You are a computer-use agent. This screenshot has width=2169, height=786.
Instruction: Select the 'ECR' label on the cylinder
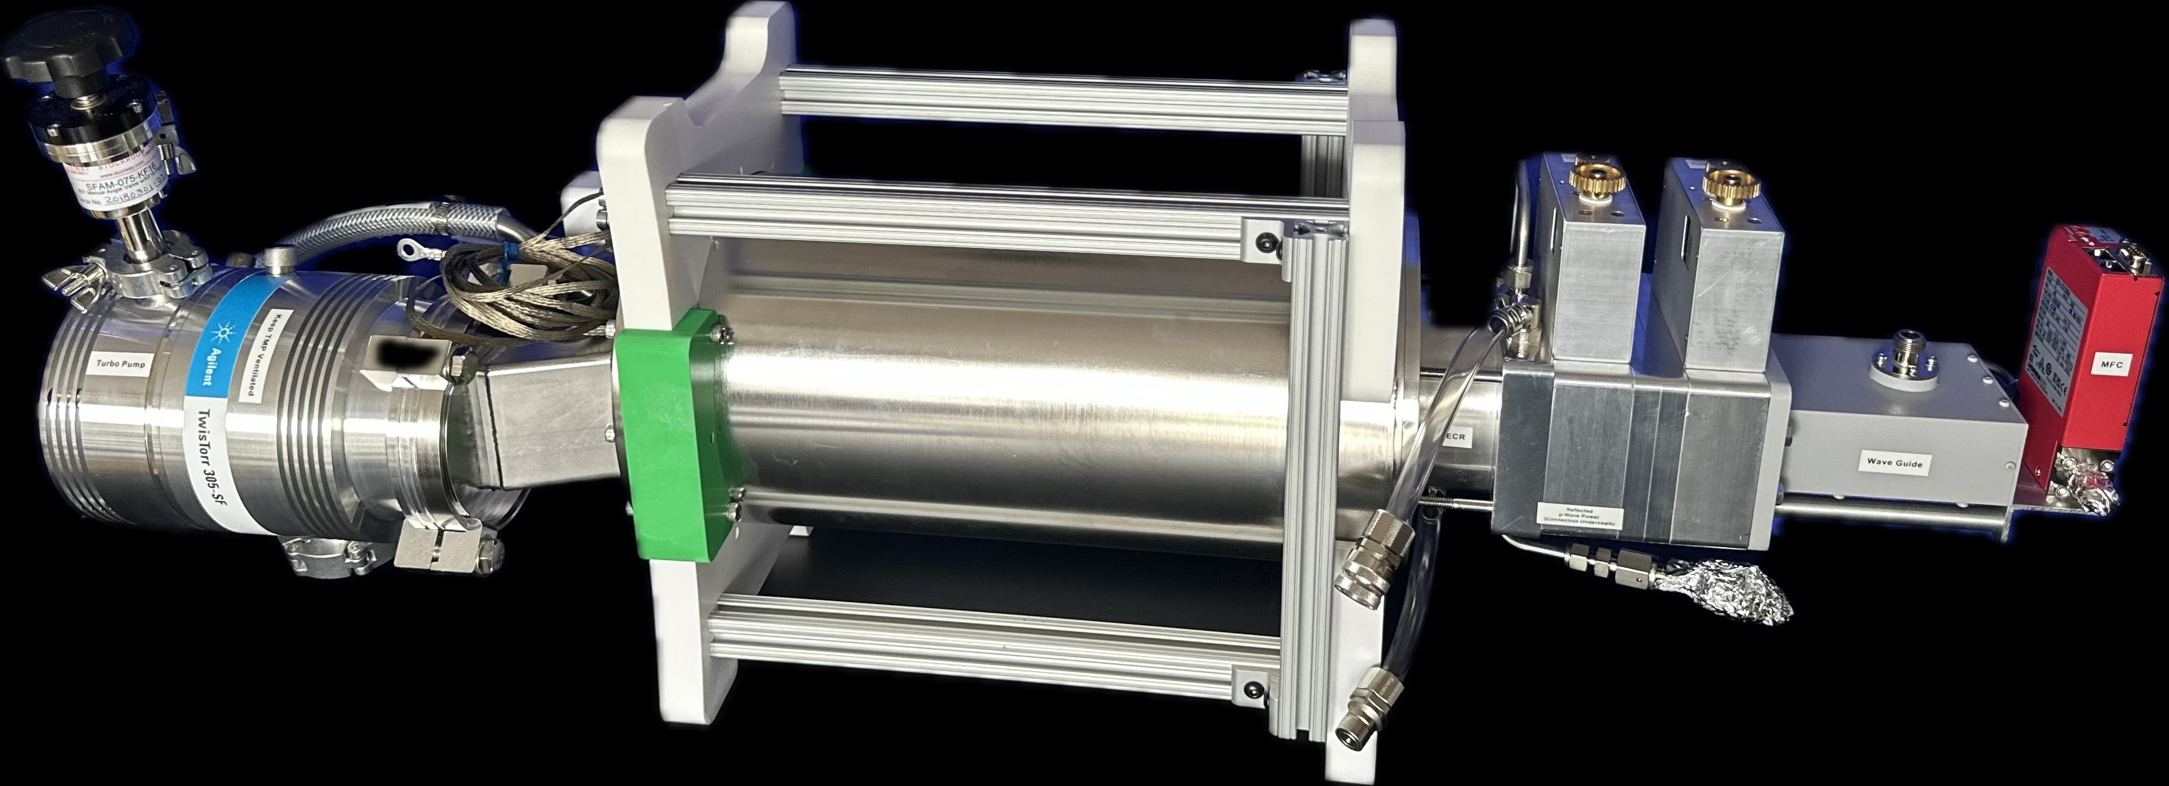(x=1454, y=438)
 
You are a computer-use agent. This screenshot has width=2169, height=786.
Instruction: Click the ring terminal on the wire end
(x=413, y=248)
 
